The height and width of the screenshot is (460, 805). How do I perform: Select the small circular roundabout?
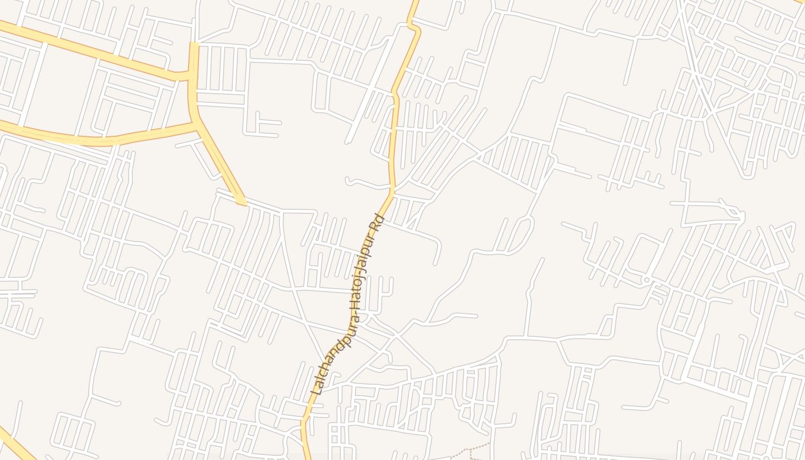point(646,280)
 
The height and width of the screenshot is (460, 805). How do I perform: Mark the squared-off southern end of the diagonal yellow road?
point(241,202)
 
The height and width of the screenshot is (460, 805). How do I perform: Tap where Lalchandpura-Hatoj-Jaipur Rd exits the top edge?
point(416,2)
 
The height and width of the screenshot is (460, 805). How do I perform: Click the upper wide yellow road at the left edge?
point(3,25)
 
